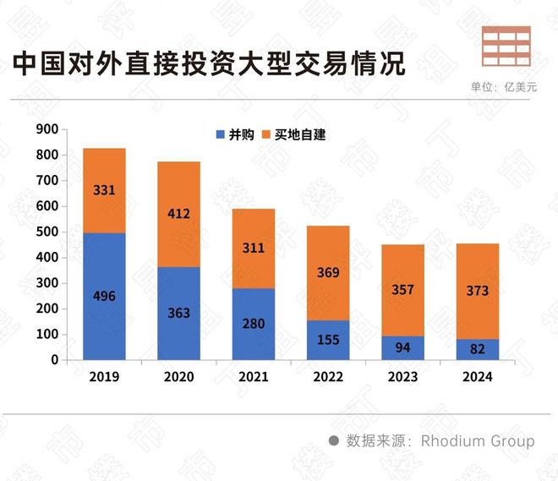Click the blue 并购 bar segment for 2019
(104, 296)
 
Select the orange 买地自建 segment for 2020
(178, 214)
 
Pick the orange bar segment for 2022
(328, 272)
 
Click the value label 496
(104, 297)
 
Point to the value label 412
(178, 214)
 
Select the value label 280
(253, 323)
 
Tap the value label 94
(402, 347)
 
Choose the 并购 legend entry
(234, 134)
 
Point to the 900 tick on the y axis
(47, 129)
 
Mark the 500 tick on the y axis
(47, 232)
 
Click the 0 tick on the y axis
(54, 360)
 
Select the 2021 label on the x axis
(253, 377)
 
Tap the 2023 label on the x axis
(402, 377)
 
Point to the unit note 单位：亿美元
(505, 87)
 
